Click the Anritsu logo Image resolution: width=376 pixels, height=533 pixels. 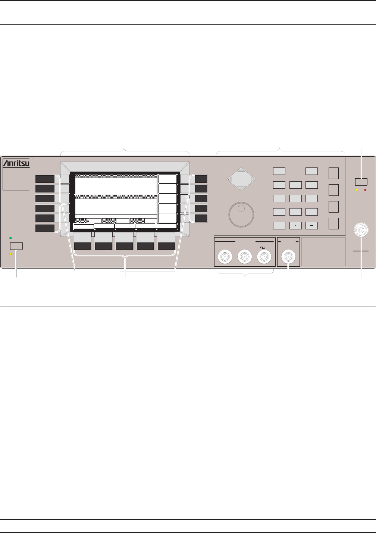tap(16, 163)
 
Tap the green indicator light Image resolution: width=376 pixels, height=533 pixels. tap(10, 238)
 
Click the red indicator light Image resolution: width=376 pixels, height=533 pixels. tap(366, 190)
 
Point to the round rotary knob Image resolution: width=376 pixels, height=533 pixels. tap(241, 214)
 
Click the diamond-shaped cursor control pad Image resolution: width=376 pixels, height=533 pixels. tap(241, 179)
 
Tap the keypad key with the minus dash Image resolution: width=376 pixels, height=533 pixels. tap(311, 225)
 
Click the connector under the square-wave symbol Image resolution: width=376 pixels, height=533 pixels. tap(264, 257)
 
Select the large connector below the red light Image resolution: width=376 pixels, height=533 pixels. tap(361, 230)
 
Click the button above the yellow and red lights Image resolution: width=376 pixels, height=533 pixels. tap(361, 182)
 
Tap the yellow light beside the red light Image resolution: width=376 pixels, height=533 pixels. tap(357, 190)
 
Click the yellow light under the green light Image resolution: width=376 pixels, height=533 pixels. tap(10, 254)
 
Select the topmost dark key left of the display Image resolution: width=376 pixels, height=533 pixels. tap(45, 179)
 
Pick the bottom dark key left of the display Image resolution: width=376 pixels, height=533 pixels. tap(45, 228)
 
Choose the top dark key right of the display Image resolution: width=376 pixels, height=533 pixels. tap(201, 179)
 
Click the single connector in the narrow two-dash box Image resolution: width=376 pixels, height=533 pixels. tap(288, 257)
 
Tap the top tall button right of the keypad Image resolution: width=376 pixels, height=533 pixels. tap(333, 173)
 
